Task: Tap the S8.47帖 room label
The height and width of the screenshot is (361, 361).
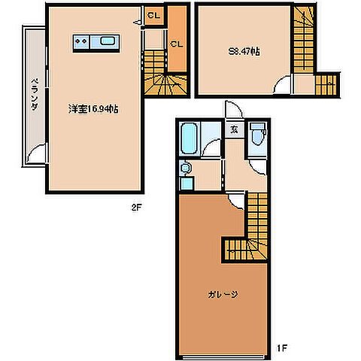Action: (244, 53)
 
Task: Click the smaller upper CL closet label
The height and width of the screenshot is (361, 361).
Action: (153, 16)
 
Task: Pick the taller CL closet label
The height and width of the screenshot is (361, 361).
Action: (177, 44)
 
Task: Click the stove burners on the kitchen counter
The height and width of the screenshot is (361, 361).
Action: (82, 41)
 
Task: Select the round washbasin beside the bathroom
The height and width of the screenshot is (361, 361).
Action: (187, 168)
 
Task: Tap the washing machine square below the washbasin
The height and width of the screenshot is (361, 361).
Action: (186, 184)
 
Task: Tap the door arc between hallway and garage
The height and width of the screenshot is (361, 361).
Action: (236, 196)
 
